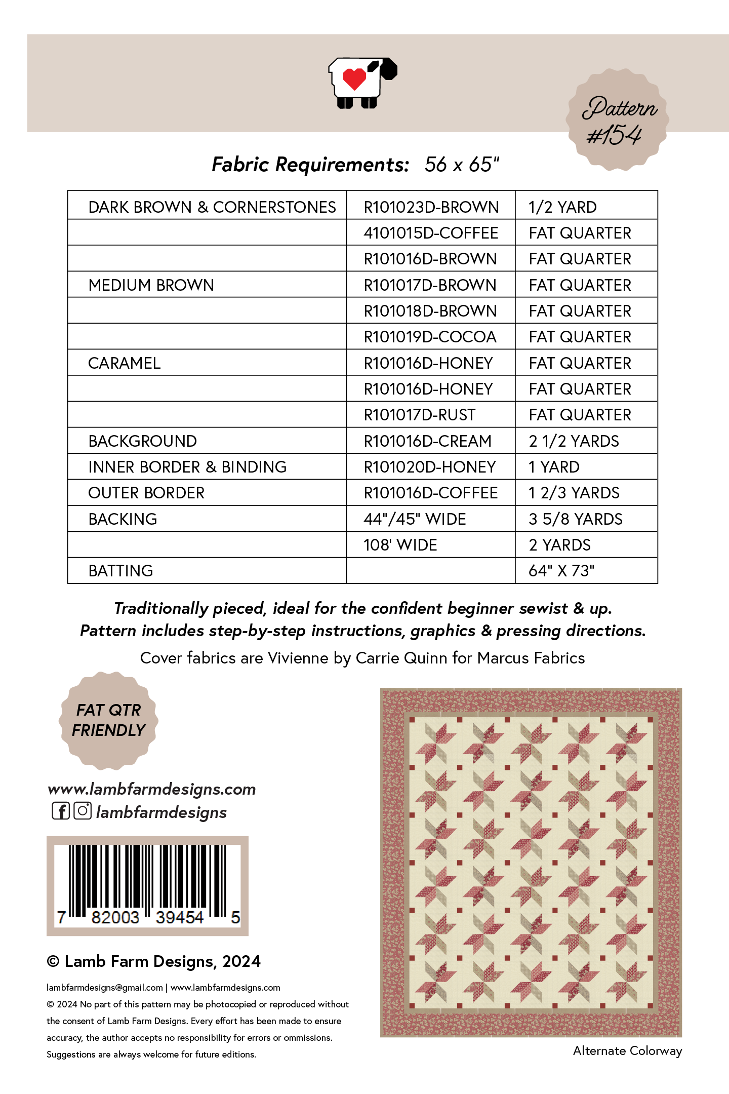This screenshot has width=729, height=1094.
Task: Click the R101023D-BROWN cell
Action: pos(431,207)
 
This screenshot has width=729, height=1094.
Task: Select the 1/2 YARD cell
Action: pos(562,207)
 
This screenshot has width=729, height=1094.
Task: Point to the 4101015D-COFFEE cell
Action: pos(431,233)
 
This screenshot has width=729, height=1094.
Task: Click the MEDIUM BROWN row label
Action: pos(151,285)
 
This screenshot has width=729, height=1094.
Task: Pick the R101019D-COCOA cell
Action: pos(430,337)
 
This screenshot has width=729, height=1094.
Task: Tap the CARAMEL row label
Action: pos(124,363)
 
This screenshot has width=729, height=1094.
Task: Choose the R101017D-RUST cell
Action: pos(419,415)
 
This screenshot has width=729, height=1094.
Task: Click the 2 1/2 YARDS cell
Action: pos(574,441)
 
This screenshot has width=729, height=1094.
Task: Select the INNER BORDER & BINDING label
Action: pos(187,467)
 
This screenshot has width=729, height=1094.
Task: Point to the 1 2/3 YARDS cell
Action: pos(574,493)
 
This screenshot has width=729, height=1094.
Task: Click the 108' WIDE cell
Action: pos(400,545)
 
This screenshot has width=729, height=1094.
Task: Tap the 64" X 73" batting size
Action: pos(561,571)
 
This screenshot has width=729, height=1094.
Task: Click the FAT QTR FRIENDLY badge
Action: pos(108,720)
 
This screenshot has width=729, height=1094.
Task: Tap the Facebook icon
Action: pos(61,811)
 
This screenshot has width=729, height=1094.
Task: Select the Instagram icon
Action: pos(83,811)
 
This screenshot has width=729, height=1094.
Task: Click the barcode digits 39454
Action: pos(179,917)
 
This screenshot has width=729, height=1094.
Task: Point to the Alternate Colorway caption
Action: pos(627,1051)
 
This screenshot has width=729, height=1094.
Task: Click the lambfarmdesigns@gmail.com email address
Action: pos(105,988)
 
